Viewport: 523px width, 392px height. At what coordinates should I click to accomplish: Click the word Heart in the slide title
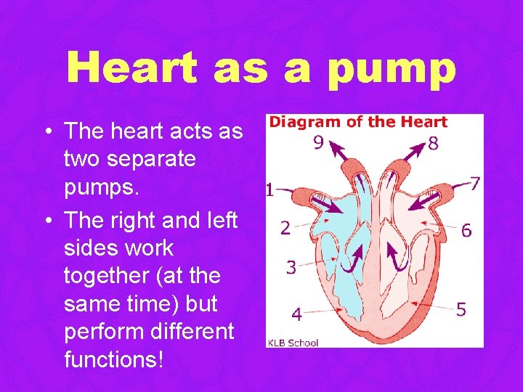point(131,68)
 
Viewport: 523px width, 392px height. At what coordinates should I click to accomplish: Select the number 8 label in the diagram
point(433,143)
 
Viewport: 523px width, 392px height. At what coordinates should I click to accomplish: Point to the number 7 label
point(474,184)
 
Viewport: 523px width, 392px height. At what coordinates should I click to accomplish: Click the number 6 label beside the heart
point(466,230)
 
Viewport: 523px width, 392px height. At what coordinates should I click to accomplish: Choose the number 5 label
point(461,310)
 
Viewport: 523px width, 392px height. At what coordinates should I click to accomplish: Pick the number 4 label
point(296,314)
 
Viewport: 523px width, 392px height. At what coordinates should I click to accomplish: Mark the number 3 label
point(291,267)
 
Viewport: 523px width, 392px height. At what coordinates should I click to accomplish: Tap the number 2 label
point(285,228)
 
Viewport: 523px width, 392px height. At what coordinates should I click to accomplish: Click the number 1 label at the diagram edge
point(268,191)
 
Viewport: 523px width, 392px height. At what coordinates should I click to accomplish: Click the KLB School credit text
point(293,342)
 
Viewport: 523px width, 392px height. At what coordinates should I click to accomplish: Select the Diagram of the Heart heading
point(358,122)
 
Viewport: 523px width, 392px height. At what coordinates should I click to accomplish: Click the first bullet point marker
point(46,133)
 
